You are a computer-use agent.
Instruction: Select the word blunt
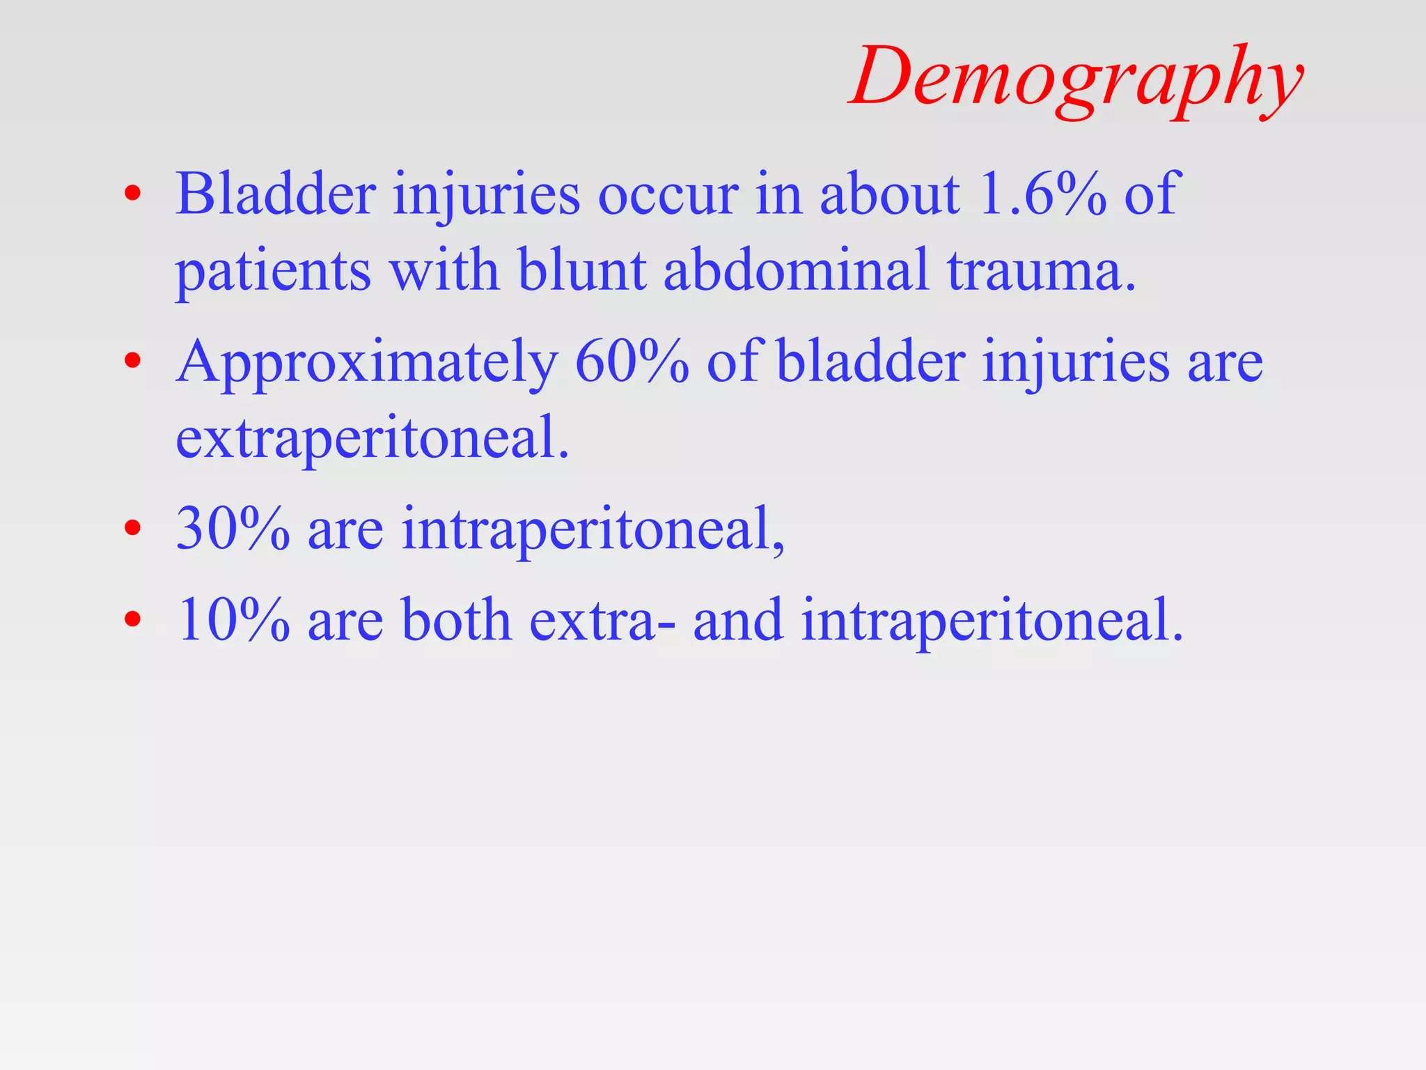pos(582,270)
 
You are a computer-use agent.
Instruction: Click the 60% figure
pos(632,362)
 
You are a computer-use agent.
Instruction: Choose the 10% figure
pos(233,620)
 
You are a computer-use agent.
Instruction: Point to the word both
pos(457,620)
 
